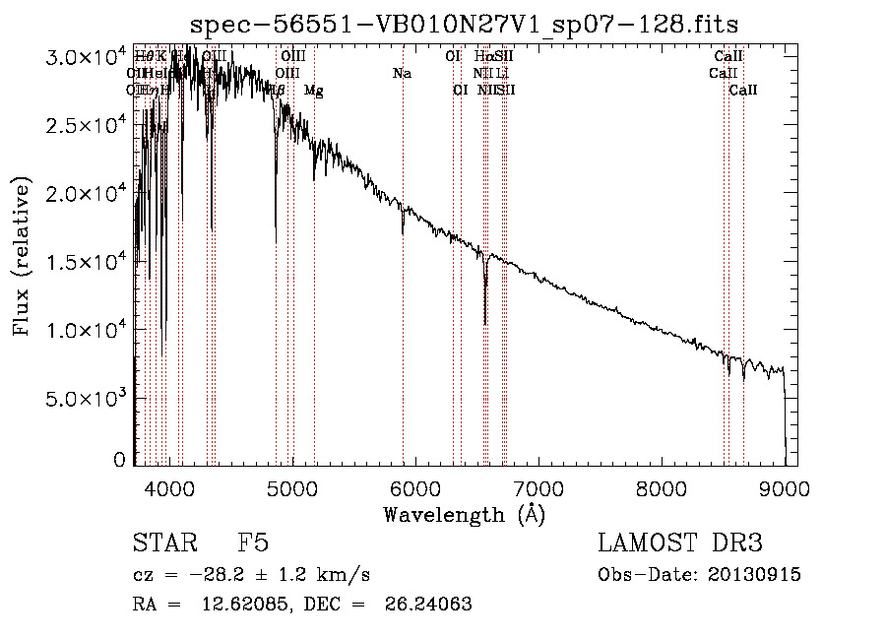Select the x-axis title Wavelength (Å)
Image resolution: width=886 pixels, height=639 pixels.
point(464,515)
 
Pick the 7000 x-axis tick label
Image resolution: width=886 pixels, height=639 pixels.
point(538,486)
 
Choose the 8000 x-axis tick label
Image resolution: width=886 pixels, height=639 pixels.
point(662,486)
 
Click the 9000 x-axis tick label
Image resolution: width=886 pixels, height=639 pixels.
point(785,486)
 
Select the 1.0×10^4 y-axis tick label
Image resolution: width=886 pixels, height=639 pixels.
point(87,330)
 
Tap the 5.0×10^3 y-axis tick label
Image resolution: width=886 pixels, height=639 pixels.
point(87,398)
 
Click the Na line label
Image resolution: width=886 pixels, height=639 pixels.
point(402,74)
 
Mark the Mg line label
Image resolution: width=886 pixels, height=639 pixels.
point(314,91)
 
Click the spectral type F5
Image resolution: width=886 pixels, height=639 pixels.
point(254,544)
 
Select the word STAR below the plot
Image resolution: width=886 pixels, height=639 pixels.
point(161,544)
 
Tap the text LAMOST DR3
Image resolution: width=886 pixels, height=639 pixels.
point(680,544)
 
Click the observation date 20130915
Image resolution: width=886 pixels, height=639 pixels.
point(758,575)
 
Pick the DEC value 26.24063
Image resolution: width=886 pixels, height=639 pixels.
point(429,605)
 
